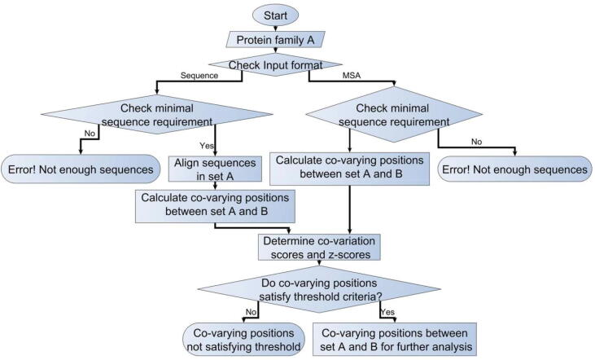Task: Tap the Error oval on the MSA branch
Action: (x=514, y=170)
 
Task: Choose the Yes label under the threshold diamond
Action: (x=388, y=312)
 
